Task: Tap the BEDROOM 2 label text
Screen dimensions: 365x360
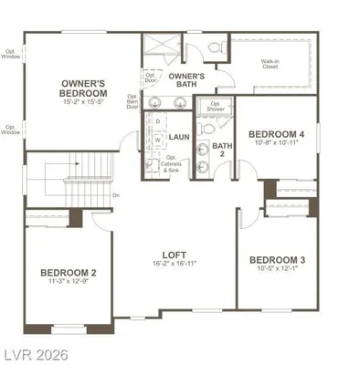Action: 69,273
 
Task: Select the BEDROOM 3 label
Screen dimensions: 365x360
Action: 277,260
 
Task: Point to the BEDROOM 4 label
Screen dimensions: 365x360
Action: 276,132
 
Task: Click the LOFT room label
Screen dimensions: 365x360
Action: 175,255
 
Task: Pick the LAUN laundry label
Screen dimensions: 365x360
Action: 179,137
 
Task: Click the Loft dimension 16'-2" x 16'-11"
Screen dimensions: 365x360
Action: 175,264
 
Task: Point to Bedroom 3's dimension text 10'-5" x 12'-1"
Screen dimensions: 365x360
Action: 277,270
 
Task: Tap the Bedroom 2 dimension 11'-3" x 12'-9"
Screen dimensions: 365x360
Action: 69,283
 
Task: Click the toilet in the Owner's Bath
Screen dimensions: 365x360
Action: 216,46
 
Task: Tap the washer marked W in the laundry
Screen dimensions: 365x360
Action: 157,140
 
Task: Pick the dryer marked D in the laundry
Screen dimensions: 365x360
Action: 157,120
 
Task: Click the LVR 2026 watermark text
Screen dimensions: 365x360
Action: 38,351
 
